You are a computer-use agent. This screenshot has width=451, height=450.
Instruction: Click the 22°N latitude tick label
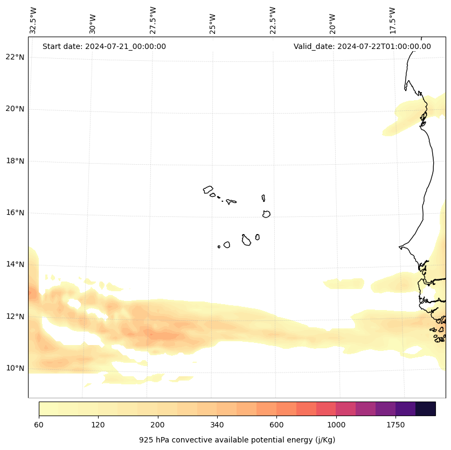(15, 57)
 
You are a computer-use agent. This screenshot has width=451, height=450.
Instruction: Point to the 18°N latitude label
(15, 161)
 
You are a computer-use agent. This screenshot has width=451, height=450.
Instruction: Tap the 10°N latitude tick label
(15, 369)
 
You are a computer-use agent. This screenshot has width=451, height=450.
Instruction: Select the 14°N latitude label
(15, 265)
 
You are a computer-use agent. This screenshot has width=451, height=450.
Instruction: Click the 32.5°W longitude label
(33, 20)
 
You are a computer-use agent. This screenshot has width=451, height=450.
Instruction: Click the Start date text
(104, 46)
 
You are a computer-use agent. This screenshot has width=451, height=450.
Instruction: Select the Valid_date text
(362, 46)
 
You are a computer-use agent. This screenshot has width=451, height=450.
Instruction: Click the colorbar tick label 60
(39, 425)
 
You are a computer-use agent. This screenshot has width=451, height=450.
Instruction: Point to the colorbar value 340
(217, 425)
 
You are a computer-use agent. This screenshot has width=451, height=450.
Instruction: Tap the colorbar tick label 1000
(336, 425)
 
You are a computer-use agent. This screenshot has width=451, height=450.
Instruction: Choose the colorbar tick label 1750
(396, 425)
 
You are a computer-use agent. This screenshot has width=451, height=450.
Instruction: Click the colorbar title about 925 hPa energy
(237, 440)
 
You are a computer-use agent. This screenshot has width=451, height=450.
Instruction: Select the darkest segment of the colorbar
(426, 409)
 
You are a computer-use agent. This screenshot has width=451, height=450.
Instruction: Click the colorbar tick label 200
(158, 425)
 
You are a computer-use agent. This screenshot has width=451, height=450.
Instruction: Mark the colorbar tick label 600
(276, 425)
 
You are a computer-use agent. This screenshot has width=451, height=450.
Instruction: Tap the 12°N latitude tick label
(15, 317)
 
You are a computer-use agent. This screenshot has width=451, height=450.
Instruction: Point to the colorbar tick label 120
(98, 425)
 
